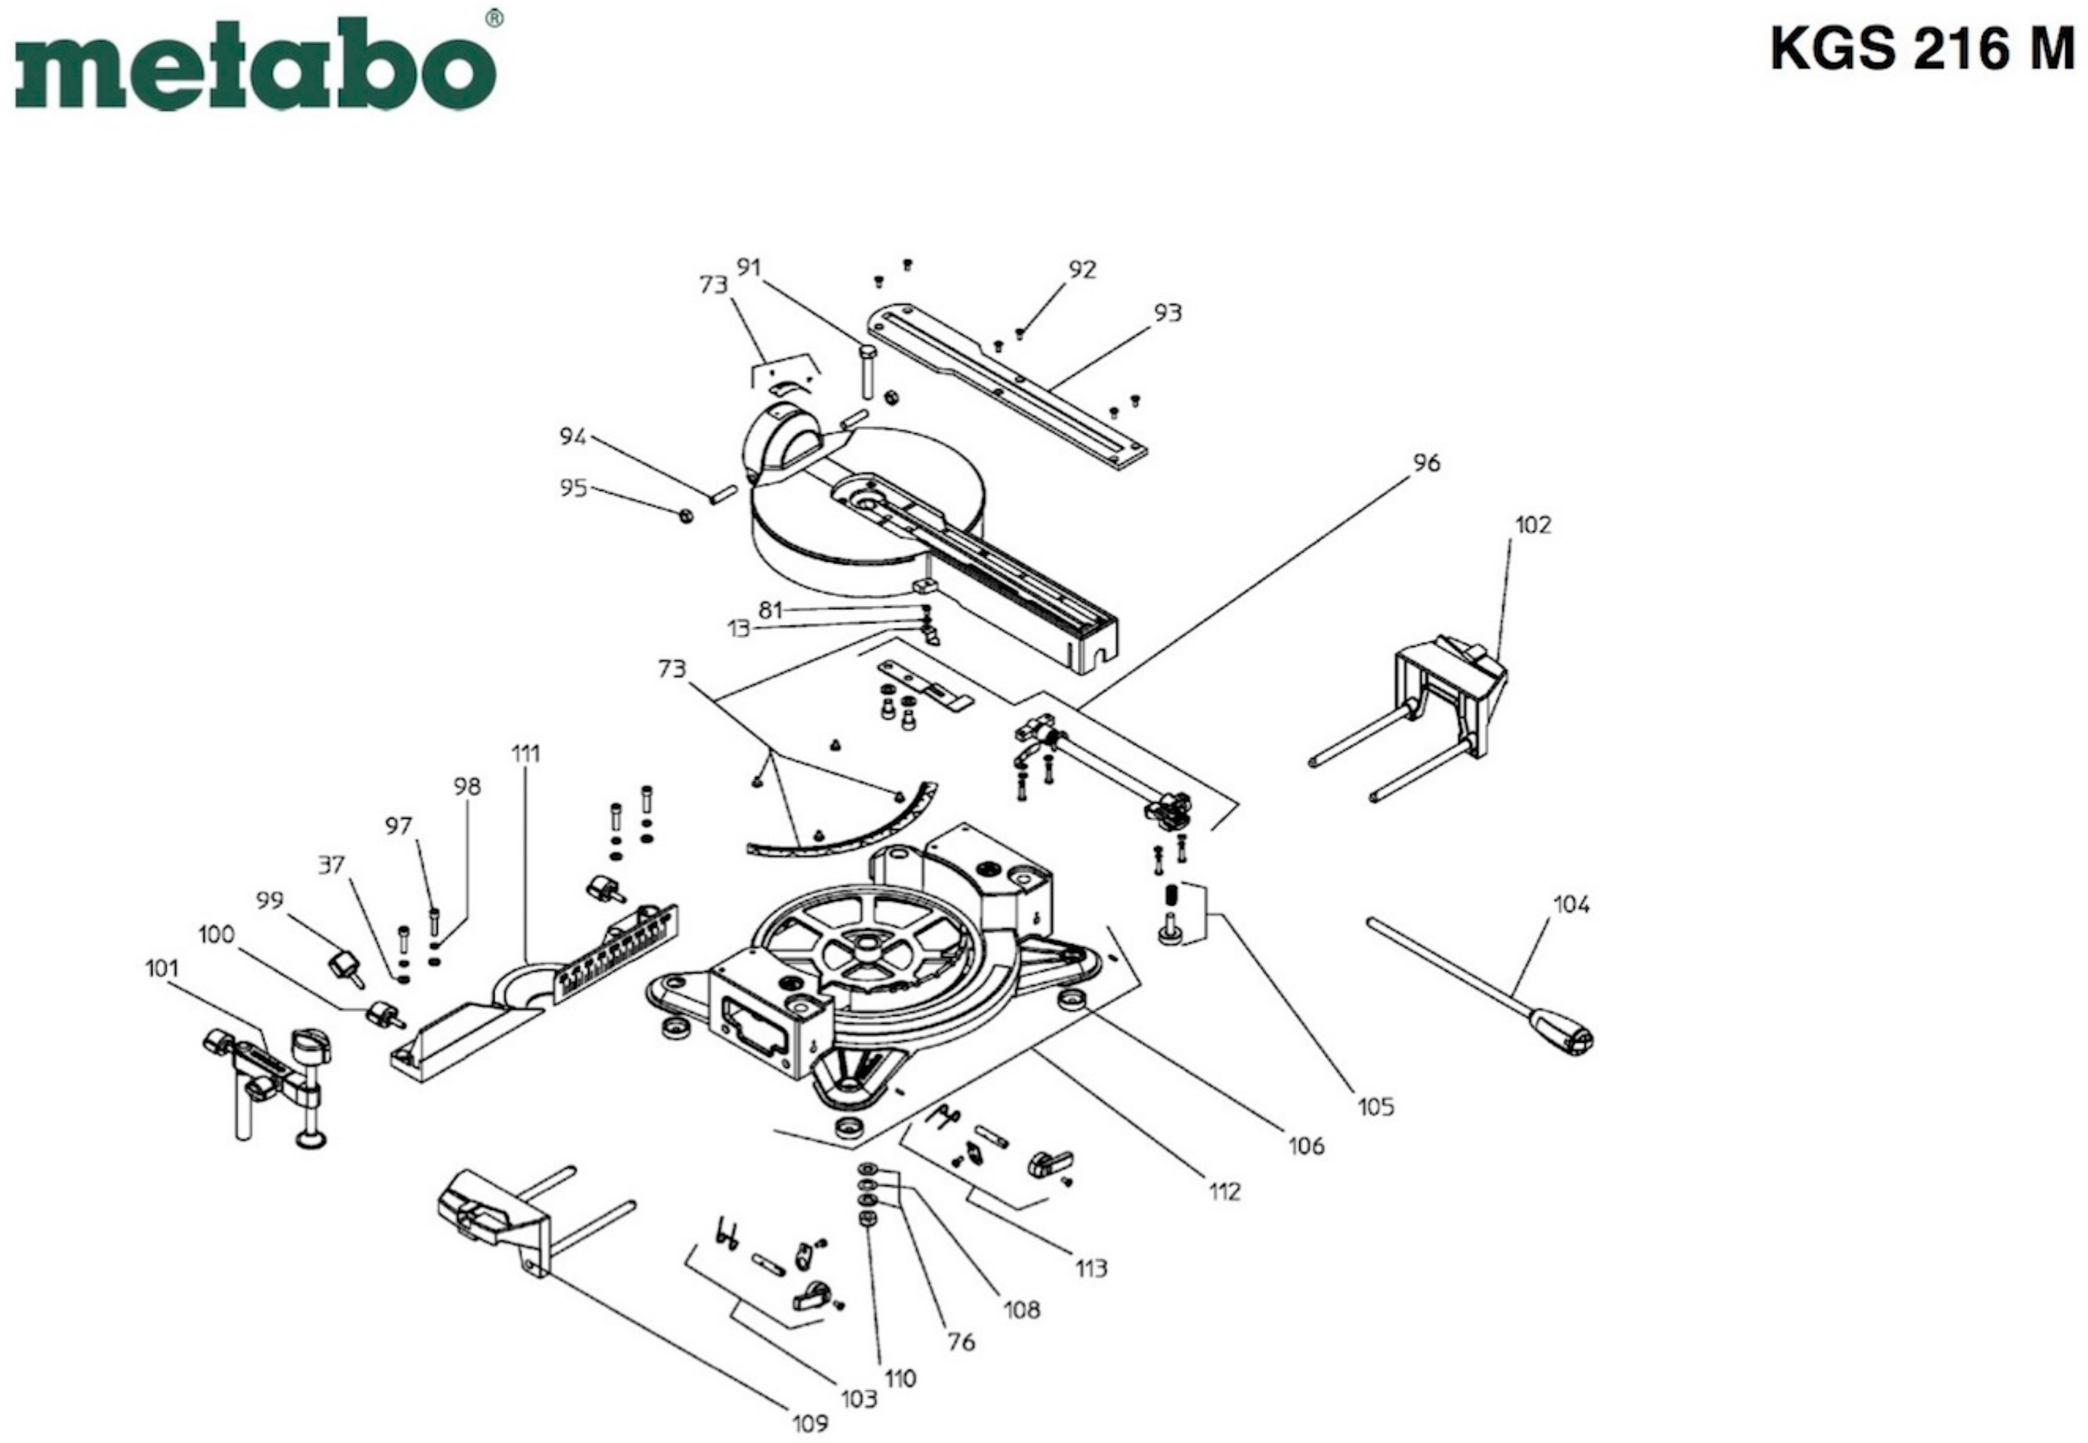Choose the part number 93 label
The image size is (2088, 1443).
pyautogui.click(x=1168, y=313)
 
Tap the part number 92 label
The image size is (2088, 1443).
pyautogui.click(x=1082, y=269)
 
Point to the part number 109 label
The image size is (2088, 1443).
pyautogui.click(x=810, y=1423)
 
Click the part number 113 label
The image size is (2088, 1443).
pyautogui.click(x=1090, y=1269)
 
